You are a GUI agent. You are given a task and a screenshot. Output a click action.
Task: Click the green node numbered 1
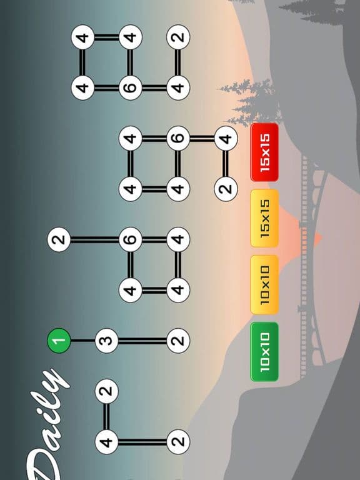pos(59,341)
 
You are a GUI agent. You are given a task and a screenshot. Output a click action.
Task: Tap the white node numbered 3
pos(106,341)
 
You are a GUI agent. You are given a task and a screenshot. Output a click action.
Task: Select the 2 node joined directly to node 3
pos(178,341)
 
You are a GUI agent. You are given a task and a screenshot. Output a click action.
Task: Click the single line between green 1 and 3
pos(82,341)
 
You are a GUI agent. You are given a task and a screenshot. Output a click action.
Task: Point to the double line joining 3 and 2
pos(142,341)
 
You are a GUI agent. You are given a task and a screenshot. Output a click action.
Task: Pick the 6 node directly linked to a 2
pos(131,239)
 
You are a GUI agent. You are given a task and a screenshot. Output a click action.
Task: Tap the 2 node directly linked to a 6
pos(59,239)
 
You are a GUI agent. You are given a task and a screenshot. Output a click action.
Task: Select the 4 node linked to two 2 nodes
pos(106,441)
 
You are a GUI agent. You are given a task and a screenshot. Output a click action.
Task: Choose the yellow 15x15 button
pos(264,218)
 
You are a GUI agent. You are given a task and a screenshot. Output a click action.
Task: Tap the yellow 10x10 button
pos(264,285)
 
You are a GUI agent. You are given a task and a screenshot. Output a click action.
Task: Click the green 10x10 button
pos(264,352)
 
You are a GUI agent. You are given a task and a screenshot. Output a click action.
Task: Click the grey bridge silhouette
pos(311,266)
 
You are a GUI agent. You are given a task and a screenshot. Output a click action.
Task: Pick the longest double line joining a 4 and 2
pos(142,441)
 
